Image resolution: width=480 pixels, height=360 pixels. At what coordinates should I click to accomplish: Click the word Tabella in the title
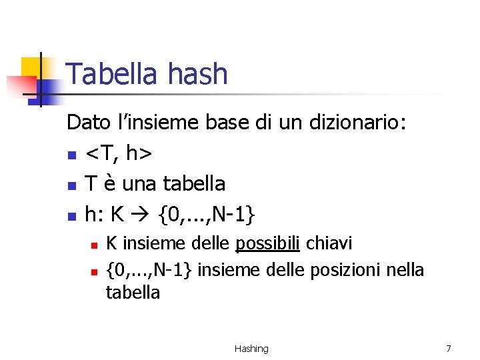(x=110, y=74)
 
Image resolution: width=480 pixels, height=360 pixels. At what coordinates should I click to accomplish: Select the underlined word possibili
(x=267, y=244)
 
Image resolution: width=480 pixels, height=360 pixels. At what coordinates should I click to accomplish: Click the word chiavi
(x=329, y=244)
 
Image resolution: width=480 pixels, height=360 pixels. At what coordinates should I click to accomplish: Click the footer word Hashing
(x=251, y=349)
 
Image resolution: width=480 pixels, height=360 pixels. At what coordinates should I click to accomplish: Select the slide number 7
(x=448, y=349)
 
